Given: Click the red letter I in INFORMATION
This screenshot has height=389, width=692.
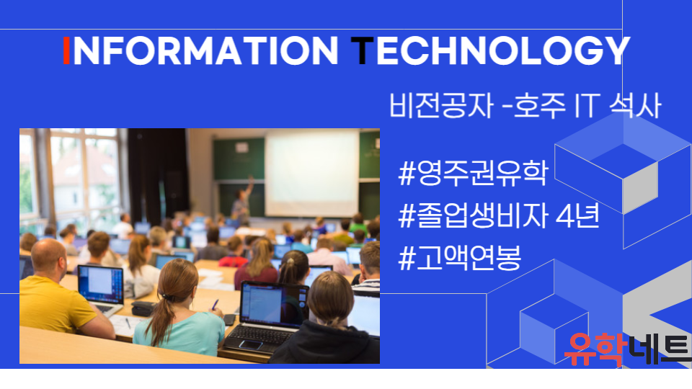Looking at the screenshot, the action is [66, 50].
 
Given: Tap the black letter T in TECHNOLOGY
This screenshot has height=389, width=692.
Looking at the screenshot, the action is [362, 50].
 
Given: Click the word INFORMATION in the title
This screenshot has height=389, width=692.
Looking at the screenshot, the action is [200, 50].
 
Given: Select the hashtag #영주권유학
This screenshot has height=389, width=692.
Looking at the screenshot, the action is [473, 174].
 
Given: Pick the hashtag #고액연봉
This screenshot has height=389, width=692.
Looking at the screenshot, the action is [459, 258].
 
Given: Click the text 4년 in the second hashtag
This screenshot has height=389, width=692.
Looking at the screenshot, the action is [577, 215].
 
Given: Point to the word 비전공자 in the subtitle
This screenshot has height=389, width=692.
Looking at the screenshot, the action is [440, 106].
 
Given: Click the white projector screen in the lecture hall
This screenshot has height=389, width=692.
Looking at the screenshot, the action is [312, 173].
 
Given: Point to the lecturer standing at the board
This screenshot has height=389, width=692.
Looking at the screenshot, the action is [242, 202].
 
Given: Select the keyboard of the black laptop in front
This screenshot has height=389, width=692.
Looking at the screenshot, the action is [261, 335].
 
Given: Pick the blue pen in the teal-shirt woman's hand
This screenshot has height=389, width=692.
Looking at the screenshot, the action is [215, 304].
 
